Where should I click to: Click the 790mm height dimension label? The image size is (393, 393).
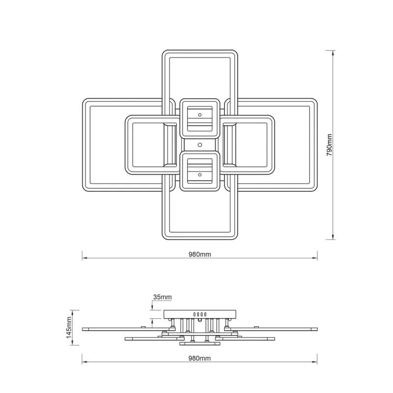[x=329, y=145]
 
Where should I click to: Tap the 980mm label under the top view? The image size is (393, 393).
[x=200, y=254]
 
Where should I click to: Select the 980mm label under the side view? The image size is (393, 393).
[x=199, y=359]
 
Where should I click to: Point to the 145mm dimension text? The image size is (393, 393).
[x=69, y=328]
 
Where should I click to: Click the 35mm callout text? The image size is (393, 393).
[x=163, y=297]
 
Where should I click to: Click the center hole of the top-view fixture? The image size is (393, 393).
[x=200, y=145]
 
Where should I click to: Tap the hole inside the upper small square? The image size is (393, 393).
[x=200, y=115]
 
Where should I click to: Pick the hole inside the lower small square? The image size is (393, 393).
[x=200, y=175]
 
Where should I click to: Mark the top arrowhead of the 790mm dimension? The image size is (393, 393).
[x=333, y=53]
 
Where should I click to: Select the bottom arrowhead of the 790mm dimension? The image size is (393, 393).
[x=333, y=237]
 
